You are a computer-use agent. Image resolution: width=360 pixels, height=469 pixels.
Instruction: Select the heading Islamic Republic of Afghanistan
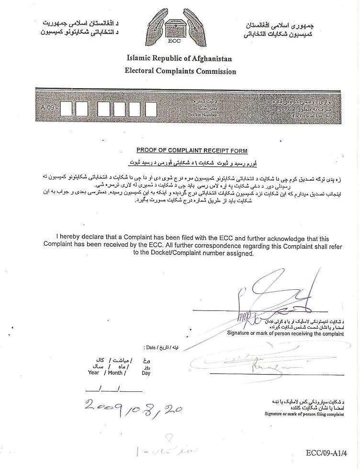point(180,58)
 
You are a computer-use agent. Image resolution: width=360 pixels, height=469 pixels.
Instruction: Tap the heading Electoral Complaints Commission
point(180,71)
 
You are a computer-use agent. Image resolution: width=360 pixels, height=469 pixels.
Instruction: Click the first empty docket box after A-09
point(66,109)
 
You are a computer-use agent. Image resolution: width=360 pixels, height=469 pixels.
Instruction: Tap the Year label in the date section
point(93,372)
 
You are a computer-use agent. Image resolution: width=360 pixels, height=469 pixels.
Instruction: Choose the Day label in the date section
point(146,373)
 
